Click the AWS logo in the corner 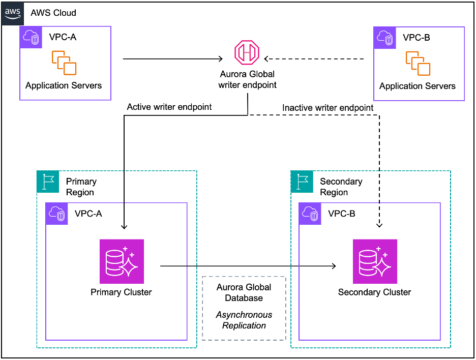[x=13, y=13]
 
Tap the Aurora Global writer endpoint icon [x=247, y=53]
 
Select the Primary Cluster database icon [x=122, y=261]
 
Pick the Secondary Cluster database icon [x=375, y=261]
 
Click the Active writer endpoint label [x=169, y=107]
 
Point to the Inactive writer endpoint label [x=328, y=108]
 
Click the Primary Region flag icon [x=48, y=182]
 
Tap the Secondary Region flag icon [x=302, y=182]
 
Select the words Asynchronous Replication [x=244, y=320]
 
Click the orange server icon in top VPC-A [x=64, y=63]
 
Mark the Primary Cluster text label [x=121, y=292]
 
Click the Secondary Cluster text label [x=375, y=292]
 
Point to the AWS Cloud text [x=53, y=12]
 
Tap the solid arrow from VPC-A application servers [x=173, y=59]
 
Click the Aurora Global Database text [x=244, y=292]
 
